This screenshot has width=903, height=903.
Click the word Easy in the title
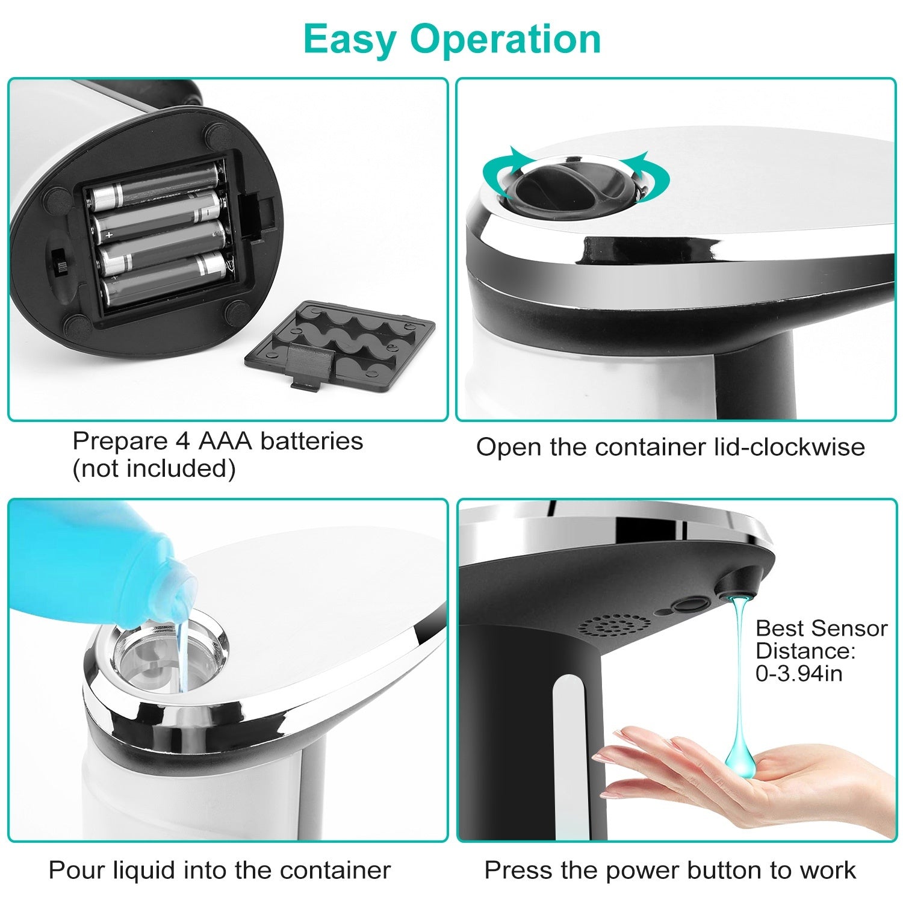[350, 40]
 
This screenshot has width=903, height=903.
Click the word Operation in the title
[506, 40]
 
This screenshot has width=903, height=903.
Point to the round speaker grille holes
[614, 626]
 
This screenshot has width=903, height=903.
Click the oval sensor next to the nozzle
[689, 604]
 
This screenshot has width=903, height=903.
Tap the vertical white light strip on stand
[569, 752]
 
